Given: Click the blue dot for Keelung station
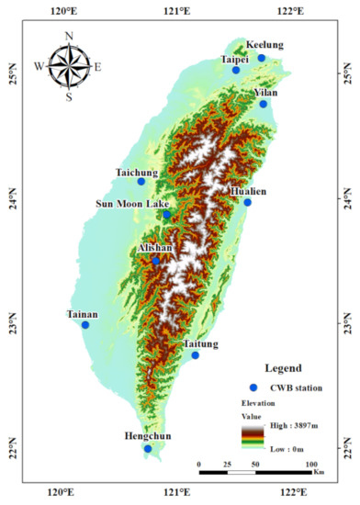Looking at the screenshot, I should tap(261, 58).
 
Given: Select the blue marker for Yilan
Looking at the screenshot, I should tap(264, 104).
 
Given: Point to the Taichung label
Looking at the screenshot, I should tap(137, 172).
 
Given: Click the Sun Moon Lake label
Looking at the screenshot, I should tap(131, 203).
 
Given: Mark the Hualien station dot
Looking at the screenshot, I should tap(247, 202).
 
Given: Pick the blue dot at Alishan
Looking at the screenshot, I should tap(156, 261).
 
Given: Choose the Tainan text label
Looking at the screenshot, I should tap(82, 314).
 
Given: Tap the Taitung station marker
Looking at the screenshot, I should tap(195, 355).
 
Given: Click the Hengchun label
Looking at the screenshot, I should tap(147, 437).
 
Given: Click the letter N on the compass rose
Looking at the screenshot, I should tap(69, 37).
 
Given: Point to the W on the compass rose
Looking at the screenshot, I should tap(38, 66).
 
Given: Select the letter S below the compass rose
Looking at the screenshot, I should tap(69, 97).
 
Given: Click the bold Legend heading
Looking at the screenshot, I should tap(283, 368).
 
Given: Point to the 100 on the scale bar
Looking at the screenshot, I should tap(311, 466).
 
